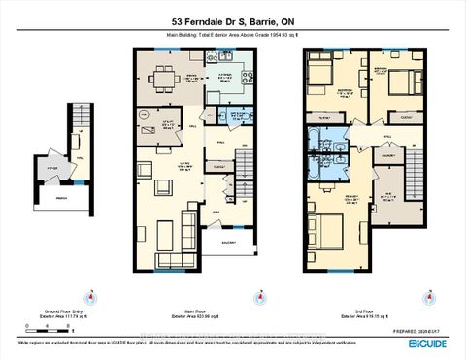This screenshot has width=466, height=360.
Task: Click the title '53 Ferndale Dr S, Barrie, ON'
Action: (233, 22)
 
